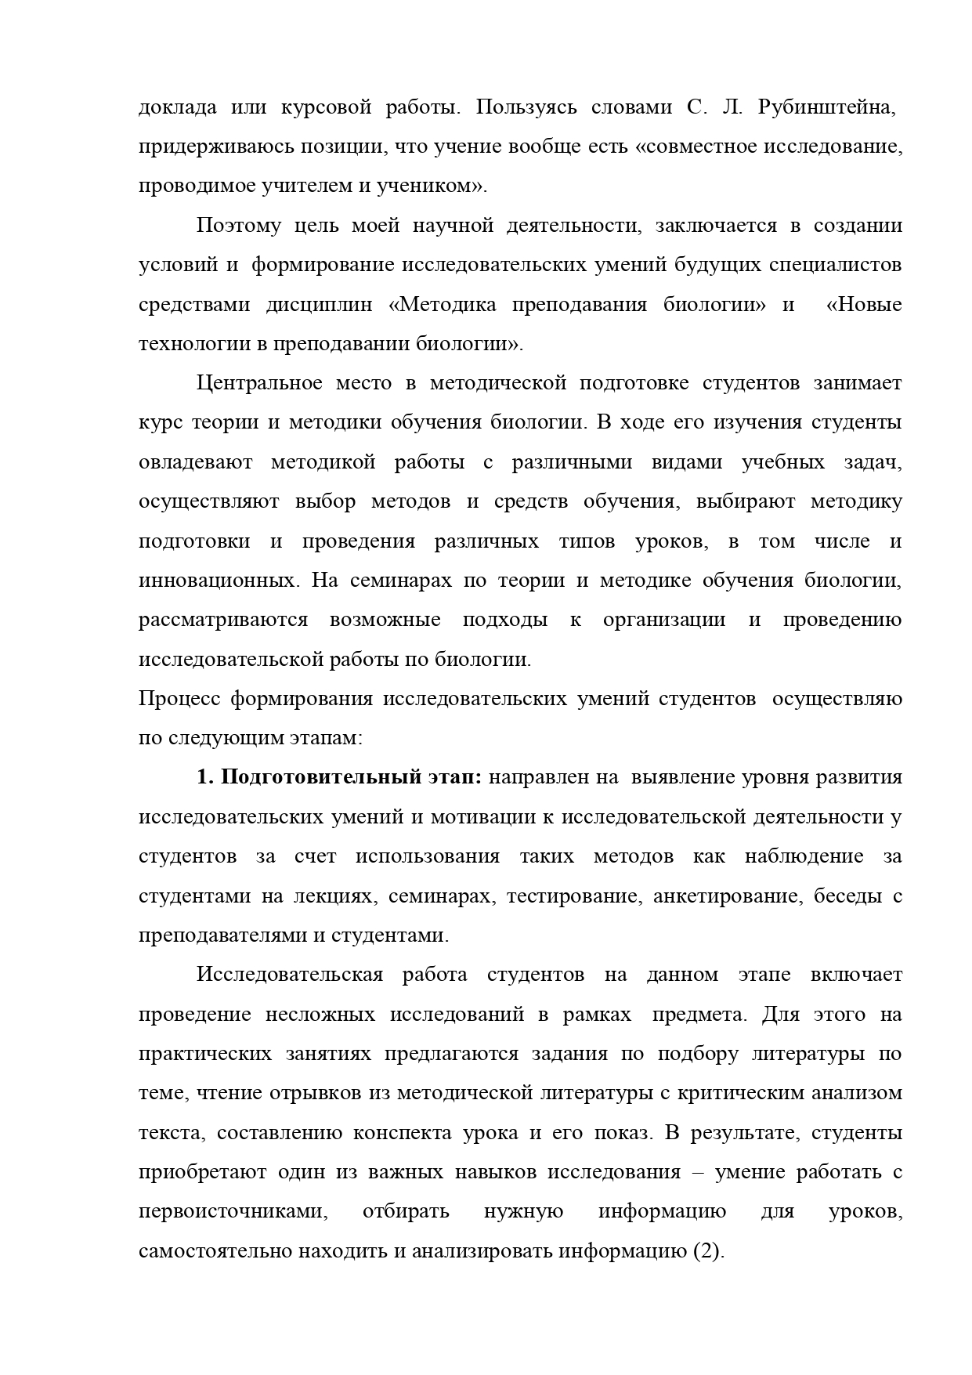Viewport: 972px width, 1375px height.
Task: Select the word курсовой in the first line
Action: (x=325, y=107)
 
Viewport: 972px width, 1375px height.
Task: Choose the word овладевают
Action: (x=195, y=462)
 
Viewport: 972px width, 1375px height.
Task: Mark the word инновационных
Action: (x=217, y=581)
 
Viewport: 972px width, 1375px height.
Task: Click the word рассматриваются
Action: (x=223, y=620)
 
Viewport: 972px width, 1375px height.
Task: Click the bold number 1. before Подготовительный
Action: (x=204, y=777)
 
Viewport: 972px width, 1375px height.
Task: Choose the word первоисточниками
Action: (x=233, y=1211)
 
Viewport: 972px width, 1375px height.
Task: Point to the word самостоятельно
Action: (x=216, y=1251)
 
